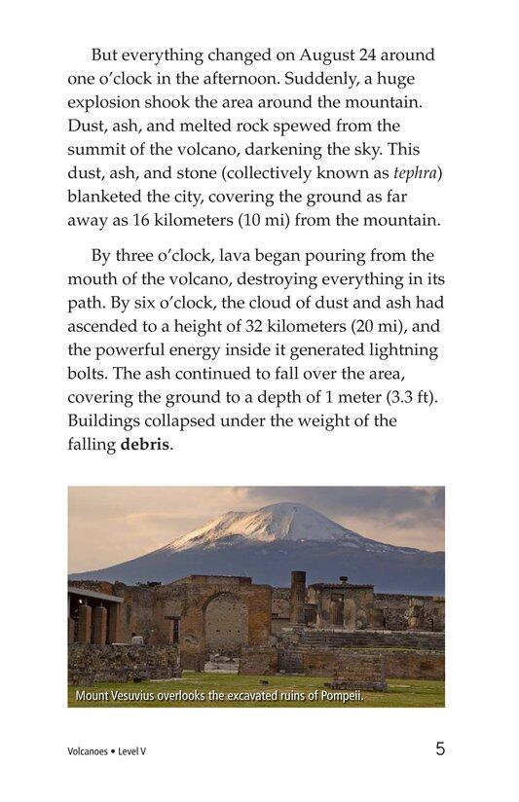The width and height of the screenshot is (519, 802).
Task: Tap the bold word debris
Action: (x=145, y=445)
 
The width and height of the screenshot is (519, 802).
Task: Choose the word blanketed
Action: (x=105, y=198)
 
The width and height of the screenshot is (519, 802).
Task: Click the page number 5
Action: (x=440, y=749)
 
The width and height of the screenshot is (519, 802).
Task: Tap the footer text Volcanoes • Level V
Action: (x=107, y=751)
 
